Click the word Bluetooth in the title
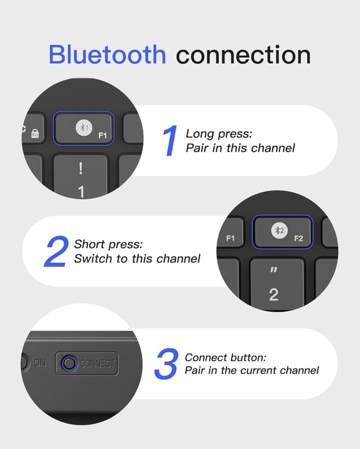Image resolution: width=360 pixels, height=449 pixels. (x=107, y=55)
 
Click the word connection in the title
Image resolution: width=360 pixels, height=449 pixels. (x=244, y=55)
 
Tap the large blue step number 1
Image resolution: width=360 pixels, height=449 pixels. (x=170, y=140)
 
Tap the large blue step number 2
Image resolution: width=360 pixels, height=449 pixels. (x=56, y=251)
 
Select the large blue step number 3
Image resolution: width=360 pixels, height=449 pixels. (x=166, y=364)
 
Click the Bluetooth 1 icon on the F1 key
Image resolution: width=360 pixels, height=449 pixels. (x=84, y=128)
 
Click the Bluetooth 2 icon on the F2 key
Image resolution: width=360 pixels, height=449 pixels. (x=280, y=230)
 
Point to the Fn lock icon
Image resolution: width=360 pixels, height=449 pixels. (x=35, y=133)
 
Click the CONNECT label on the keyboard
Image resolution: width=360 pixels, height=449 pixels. (x=98, y=364)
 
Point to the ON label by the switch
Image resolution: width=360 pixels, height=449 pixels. (x=40, y=363)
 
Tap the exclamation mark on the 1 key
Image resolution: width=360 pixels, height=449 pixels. (x=81, y=169)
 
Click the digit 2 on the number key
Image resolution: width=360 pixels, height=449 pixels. (x=274, y=294)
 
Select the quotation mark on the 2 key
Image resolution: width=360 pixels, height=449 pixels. (x=274, y=270)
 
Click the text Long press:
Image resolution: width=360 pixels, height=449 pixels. (x=219, y=134)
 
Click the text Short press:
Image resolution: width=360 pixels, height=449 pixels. (x=109, y=244)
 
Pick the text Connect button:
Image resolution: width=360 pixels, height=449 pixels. (x=226, y=357)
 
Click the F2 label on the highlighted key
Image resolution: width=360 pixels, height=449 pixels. (x=298, y=238)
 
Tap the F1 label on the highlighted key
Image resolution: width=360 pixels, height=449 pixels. (x=102, y=135)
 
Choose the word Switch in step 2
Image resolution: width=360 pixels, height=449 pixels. (x=93, y=258)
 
